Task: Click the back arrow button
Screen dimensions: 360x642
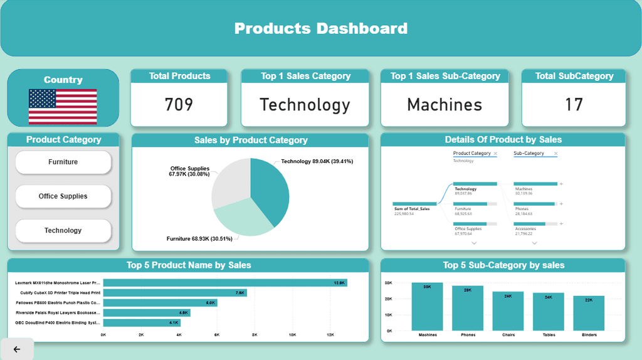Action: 17,349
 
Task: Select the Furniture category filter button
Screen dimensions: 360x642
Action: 63,162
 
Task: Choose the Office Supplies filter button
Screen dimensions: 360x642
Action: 63,196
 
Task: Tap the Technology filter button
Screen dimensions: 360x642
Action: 63,231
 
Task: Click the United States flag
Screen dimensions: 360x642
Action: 63,106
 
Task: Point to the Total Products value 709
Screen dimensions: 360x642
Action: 179,104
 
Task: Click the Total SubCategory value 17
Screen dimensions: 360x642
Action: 574,104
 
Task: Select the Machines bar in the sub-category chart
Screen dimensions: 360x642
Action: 427,307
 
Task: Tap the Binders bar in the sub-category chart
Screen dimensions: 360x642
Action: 589,314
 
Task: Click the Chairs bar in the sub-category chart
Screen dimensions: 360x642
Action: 508,311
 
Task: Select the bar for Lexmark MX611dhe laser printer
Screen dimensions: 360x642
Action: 224,283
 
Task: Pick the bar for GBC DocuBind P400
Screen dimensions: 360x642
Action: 142,323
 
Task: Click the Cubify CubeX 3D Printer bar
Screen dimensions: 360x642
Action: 175,293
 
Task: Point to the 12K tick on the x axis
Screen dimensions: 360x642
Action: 330,335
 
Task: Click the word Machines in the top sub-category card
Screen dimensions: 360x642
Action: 445,104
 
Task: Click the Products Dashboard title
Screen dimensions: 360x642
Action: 321,28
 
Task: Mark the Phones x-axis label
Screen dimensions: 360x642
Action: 468,335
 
